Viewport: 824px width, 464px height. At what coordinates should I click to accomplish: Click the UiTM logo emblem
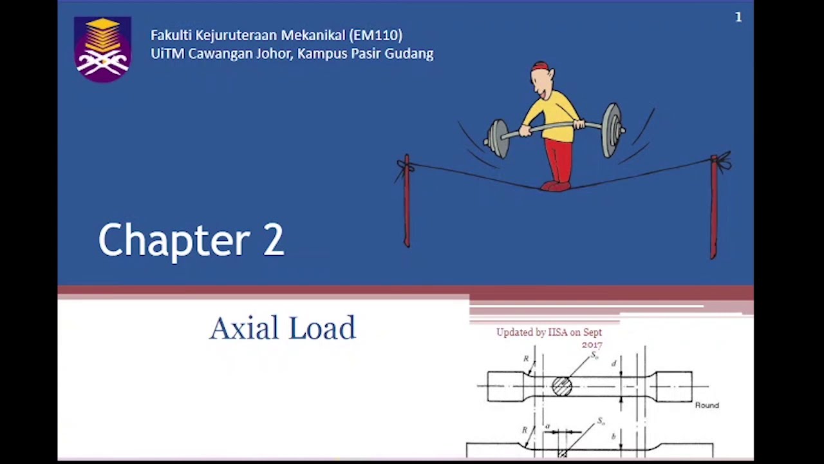pos(102,49)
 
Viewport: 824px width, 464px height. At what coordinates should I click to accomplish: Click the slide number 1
pos(738,17)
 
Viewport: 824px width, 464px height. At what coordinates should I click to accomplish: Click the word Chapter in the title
pos(174,240)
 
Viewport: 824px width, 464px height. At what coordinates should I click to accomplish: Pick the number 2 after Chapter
pos(273,240)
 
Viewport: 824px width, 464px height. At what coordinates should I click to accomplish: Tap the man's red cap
pos(539,66)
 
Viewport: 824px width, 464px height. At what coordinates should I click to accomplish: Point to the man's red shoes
pos(555,186)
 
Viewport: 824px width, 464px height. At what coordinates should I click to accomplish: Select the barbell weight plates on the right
pos(612,130)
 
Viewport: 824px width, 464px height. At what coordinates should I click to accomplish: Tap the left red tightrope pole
pos(406,200)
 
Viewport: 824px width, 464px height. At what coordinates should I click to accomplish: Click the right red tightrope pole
pos(713,206)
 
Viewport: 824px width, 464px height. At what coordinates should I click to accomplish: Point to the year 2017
pos(592,345)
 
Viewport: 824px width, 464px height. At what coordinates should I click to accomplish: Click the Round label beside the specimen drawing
pos(707,405)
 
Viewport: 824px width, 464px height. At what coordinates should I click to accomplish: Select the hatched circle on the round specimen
pos(561,386)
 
